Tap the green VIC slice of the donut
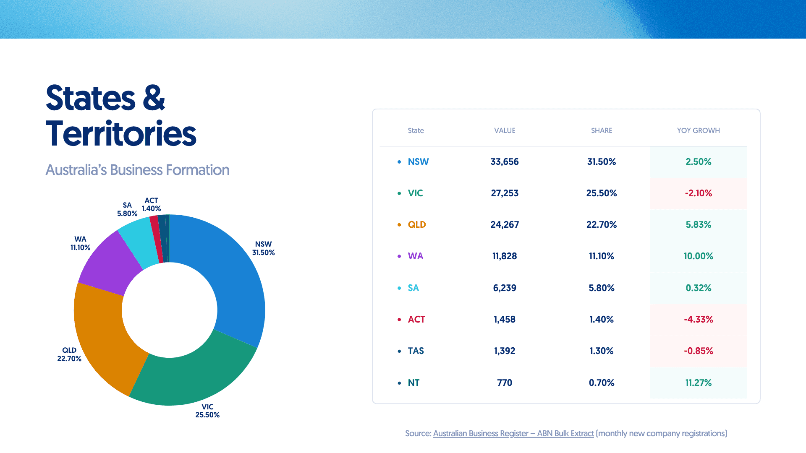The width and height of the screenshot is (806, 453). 193,377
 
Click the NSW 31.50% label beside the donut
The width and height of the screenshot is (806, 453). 263,248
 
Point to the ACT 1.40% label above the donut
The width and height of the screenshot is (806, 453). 151,205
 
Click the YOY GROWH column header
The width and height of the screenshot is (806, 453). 698,130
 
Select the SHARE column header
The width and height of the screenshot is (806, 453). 601,130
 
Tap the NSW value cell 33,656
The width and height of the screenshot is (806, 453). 504,162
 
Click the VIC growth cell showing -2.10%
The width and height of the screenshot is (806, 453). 698,193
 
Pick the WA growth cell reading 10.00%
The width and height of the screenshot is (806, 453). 698,256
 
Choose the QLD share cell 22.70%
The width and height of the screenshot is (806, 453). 601,225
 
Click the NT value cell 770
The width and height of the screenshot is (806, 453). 504,383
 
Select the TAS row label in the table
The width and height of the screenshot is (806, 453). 416,351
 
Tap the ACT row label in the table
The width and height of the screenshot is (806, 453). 416,320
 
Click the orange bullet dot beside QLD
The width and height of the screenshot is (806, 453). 399,225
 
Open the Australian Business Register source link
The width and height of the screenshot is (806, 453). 513,433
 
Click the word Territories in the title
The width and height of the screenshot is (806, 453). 121,134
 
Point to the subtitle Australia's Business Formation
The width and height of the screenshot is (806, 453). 137,170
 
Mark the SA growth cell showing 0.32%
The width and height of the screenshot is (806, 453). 698,288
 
